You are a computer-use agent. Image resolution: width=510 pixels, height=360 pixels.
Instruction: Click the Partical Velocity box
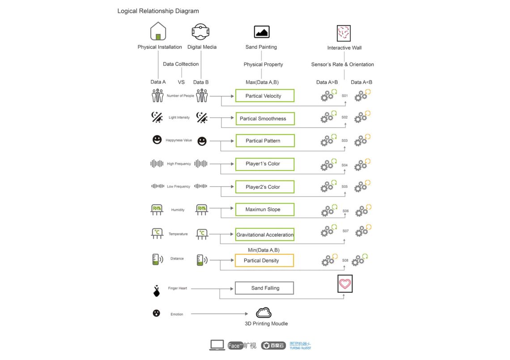point(264,96)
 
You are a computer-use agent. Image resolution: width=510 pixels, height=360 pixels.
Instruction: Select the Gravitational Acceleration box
point(264,234)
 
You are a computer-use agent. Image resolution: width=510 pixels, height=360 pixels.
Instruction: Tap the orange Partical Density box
point(264,260)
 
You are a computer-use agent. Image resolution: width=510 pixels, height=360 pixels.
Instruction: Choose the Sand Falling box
point(264,288)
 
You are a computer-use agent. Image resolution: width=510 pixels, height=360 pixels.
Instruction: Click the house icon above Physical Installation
point(158,31)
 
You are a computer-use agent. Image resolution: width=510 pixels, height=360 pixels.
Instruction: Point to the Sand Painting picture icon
point(261,32)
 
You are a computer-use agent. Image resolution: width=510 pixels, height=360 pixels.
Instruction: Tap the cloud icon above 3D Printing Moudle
point(263,313)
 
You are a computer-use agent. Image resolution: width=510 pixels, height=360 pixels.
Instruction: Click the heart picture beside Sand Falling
point(345,284)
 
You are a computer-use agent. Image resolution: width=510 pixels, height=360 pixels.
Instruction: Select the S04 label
point(344,165)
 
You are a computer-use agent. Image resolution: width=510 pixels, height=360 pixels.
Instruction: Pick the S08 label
point(345,260)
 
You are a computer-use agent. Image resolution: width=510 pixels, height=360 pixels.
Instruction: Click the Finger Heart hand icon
point(156,290)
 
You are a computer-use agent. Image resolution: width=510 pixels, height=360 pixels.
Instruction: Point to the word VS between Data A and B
point(181,82)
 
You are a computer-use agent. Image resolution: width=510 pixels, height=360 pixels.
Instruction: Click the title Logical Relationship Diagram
point(158,11)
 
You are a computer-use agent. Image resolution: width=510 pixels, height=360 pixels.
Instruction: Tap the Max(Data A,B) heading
point(263,82)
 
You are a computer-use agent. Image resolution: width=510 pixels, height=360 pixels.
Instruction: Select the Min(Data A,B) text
point(263,250)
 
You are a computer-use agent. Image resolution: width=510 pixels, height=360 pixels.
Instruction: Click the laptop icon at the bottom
point(217,345)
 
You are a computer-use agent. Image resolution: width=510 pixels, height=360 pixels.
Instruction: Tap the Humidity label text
point(178,210)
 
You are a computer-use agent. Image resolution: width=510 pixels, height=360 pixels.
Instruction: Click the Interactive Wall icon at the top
point(344,33)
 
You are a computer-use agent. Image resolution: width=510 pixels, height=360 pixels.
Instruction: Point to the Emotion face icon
point(156,313)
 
